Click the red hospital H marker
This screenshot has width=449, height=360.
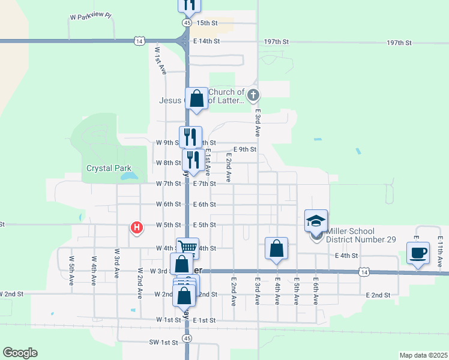tap(137, 227)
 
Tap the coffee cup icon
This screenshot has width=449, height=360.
tap(418, 252)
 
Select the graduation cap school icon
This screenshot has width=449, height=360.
tap(316, 220)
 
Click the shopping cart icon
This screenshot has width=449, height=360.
tap(187, 247)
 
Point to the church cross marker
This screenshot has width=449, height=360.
tap(253, 95)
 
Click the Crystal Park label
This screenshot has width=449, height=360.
tap(109, 168)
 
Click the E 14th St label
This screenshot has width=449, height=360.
tap(207, 41)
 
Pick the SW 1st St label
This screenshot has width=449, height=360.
tap(164, 342)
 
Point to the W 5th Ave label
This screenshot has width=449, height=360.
tap(71, 267)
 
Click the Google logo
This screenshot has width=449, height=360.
tap(20, 353)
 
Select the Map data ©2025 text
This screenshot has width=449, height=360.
tap(423, 355)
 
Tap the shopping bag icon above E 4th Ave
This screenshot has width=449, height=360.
tap(276, 248)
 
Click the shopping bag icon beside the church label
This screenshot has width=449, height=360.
tap(196, 98)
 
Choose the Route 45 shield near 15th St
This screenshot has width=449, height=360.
tap(187, 22)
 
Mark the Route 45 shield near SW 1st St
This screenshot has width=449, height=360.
tap(188, 338)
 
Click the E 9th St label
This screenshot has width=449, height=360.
tap(245, 149)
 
